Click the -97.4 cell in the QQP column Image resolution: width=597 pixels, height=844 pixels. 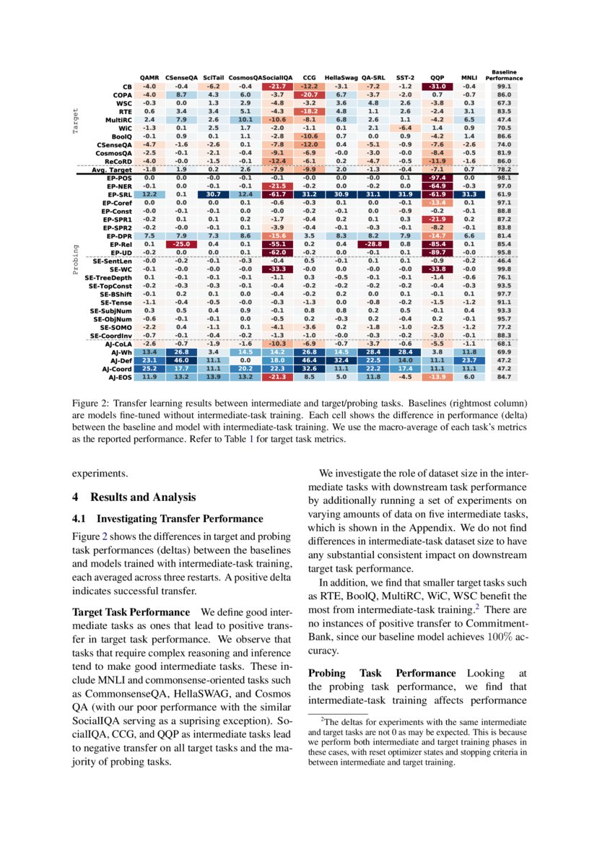click(x=437, y=177)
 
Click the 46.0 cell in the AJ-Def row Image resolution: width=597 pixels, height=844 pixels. click(x=181, y=359)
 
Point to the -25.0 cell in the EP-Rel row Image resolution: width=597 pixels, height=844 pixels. click(x=181, y=244)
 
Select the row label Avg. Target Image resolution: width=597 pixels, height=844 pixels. click(x=113, y=170)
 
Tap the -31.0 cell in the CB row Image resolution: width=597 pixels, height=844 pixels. click(x=437, y=87)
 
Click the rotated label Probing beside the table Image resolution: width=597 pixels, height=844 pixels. click(x=76, y=259)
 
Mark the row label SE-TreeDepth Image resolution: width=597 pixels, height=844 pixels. click(x=109, y=277)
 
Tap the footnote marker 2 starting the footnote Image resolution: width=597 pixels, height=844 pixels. click(x=322, y=718)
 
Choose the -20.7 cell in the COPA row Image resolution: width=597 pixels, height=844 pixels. click(x=309, y=95)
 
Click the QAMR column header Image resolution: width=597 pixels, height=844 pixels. click(x=149, y=76)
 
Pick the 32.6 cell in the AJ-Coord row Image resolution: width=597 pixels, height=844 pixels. click(x=309, y=367)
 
